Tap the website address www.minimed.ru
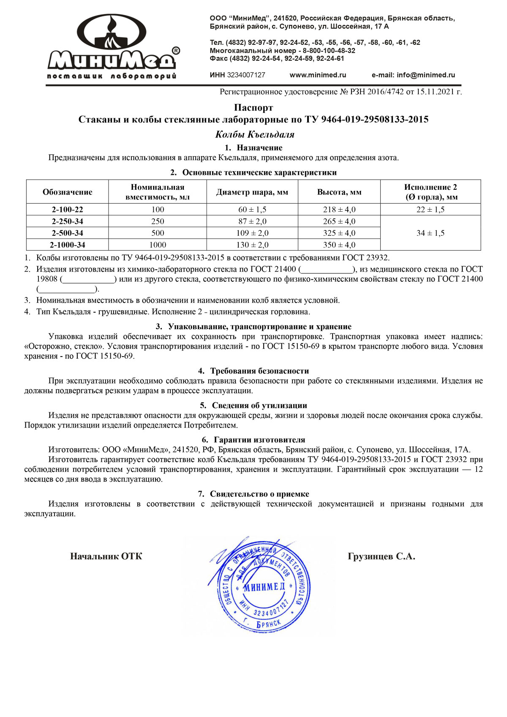[318, 75]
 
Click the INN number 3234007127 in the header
[246, 75]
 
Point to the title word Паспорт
[253, 108]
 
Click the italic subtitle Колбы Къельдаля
[255, 135]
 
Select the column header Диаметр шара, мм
[252, 192]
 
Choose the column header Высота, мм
[339, 192]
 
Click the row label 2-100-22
[68, 210]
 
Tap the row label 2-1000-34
[68, 245]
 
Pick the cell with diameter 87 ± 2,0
[252, 221]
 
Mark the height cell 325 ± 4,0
[339, 233]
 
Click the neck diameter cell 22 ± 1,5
[431, 210]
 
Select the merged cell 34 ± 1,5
[431, 233]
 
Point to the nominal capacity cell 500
[158, 233]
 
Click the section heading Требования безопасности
[259, 371]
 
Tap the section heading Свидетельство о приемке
[259, 494]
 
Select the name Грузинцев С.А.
[381, 556]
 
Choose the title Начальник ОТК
[106, 556]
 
